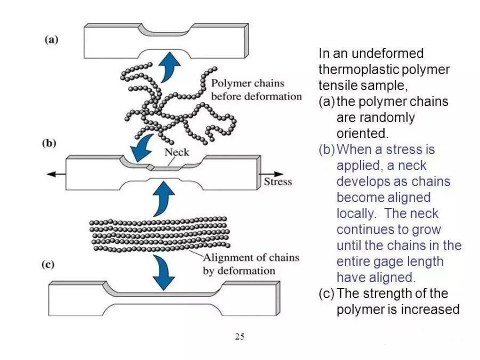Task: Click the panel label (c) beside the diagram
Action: tap(51, 265)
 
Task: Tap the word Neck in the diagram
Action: tap(177, 152)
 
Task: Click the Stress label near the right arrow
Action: tap(278, 181)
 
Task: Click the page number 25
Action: tap(239, 337)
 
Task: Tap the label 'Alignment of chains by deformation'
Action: tap(251, 264)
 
